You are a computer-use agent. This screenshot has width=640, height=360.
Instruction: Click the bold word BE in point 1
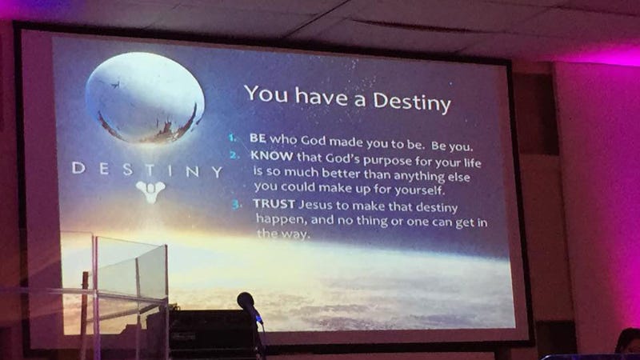click(258, 138)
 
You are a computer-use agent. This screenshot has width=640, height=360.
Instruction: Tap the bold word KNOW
click(272, 155)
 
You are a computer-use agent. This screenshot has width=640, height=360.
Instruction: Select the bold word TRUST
click(274, 203)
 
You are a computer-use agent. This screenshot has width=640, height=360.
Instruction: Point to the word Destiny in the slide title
click(412, 102)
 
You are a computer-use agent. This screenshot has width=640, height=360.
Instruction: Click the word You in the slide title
click(267, 94)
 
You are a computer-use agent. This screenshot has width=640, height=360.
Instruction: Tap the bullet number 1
click(232, 138)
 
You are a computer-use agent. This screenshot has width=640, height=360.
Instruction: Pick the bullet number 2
click(234, 155)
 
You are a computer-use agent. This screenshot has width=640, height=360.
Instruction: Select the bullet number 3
click(236, 204)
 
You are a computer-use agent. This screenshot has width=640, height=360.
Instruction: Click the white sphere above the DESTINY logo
click(145, 98)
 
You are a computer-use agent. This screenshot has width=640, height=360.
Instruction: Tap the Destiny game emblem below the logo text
click(150, 191)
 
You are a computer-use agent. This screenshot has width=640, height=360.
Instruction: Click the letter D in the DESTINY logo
click(78, 168)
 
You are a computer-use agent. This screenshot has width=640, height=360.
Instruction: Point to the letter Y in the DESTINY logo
click(217, 172)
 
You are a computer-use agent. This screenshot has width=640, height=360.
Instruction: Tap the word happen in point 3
click(282, 219)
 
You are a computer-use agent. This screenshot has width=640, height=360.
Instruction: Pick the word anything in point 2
click(413, 176)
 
